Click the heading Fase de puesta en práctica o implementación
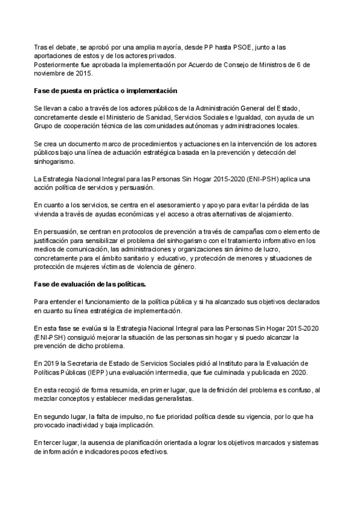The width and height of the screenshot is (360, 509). click(x=106, y=91)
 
